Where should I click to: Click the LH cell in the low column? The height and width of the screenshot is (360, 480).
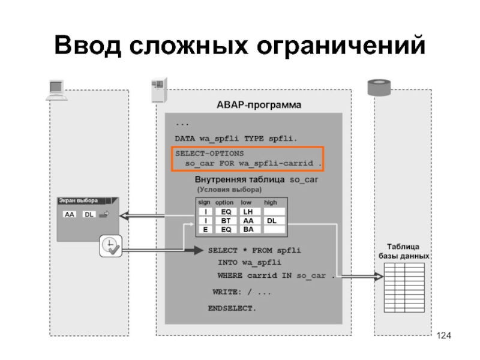pos(248,212)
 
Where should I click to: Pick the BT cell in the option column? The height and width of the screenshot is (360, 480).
pos(226,220)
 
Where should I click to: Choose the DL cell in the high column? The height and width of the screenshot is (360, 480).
pos(271,220)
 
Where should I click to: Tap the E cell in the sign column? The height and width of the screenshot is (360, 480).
pos(205,229)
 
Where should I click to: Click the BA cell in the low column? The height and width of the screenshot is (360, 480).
pos(248,229)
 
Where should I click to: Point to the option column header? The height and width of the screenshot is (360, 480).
pos(224,203)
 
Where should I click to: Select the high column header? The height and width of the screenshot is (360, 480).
pos(270,203)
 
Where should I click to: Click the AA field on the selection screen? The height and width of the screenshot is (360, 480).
pos(70,215)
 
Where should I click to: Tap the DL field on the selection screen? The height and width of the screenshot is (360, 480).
pos(88,215)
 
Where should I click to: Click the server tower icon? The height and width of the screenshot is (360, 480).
pos(158,90)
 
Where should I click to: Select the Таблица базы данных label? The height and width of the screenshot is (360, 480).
pos(403,251)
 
